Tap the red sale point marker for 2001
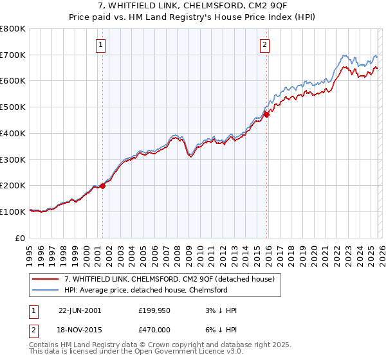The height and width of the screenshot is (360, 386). (102, 186)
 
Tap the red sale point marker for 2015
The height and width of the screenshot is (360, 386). (266, 114)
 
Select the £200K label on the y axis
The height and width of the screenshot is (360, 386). (13, 186)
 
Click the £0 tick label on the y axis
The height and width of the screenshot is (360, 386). (21, 238)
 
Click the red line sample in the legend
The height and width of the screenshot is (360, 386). (46, 279)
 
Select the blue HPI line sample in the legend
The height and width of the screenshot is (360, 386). (46, 290)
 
